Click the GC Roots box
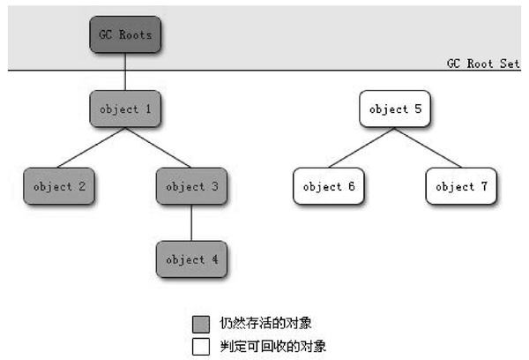(125, 34)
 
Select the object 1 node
(125, 109)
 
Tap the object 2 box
(59, 186)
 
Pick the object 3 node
(191, 186)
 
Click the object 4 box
(191, 259)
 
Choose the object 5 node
(395, 109)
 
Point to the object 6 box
(329, 186)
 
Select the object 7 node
(461, 186)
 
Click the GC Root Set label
(483, 64)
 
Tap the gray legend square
(201, 324)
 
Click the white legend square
(201, 347)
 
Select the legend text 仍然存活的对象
(265, 323)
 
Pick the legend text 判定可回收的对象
(273, 347)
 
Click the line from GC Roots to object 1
(125, 71)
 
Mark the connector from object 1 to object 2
(91, 147)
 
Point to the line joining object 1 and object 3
(158, 147)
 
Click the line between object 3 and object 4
(191, 223)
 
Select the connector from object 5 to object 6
(361, 147)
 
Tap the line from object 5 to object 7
(428, 147)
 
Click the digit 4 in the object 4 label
(215, 259)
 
